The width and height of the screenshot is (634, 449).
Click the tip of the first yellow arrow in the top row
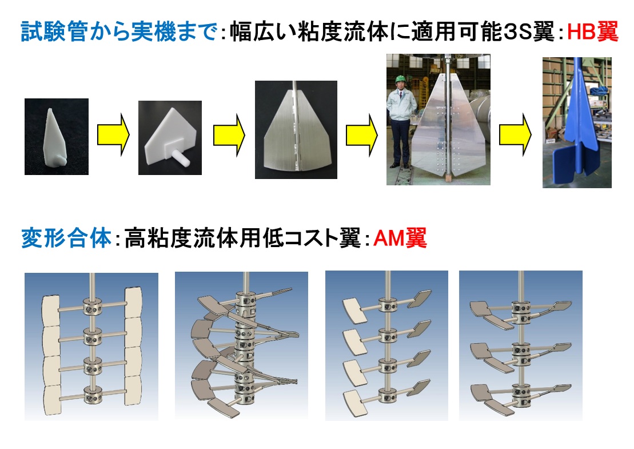click(x=129, y=135)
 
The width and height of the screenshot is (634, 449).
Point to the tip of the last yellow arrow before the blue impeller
click(x=531, y=135)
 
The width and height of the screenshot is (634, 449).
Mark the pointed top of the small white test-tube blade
click(x=50, y=109)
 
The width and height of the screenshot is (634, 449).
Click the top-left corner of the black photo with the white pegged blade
click(x=139, y=101)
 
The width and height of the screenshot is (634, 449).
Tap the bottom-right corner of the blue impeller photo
click(x=611, y=188)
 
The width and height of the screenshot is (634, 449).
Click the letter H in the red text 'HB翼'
click(x=574, y=32)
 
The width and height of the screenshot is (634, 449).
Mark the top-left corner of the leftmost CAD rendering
click(x=25, y=273)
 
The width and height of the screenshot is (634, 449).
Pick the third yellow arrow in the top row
click(x=361, y=135)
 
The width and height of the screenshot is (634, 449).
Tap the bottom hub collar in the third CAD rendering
click(x=388, y=396)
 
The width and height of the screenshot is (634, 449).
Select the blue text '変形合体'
click(x=66, y=238)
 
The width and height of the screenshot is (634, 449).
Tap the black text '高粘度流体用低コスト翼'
click(x=242, y=238)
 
